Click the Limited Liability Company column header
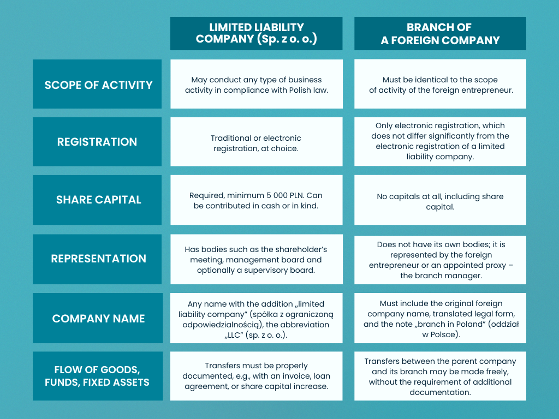(x=256, y=33)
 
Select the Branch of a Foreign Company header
(x=440, y=33)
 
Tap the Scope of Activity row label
(x=98, y=85)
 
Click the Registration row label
(x=97, y=142)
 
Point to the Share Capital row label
(x=98, y=200)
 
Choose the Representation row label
(x=98, y=259)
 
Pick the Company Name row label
(x=98, y=318)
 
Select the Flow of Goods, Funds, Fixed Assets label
(x=98, y=376)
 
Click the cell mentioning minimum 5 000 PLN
(x=256, y=200)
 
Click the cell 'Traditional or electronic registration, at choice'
(x=256, y=143)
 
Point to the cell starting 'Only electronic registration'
(x=440, y=141)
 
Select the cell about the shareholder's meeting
(x=256, y=260)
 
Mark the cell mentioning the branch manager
(x=440, y=260)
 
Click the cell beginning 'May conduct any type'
(x=256, y=85)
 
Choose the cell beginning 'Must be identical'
(x=440, y=85)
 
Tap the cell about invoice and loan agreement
(x=256, y=376)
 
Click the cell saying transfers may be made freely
(x=440, y=376)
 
